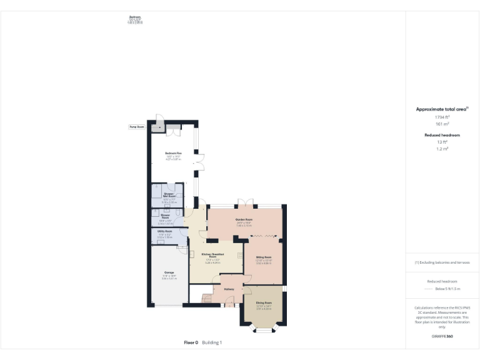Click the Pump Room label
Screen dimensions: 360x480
136,127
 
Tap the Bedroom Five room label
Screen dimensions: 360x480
173,153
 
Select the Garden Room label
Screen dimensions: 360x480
244,219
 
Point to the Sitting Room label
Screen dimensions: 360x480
263,257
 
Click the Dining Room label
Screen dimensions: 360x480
264,302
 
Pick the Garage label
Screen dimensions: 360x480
169,273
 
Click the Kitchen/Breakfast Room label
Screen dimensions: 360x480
212,255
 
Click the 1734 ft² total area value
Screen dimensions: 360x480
442,117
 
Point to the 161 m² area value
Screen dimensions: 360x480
442,124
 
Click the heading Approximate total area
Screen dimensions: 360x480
442,109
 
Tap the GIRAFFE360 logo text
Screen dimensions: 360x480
442,336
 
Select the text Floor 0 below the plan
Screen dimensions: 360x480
191,342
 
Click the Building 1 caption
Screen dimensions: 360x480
211,342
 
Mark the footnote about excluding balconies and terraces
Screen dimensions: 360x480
442,262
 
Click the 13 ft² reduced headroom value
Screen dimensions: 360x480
442,142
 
